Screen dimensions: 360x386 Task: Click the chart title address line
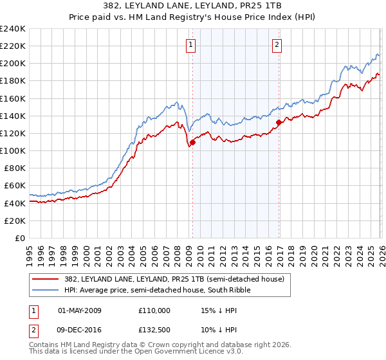[x=193, y=6]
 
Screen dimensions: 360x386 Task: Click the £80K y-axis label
[x=15, y=168]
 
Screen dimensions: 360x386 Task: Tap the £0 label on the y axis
[x=20, y=238]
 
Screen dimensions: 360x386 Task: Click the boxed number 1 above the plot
[x=192, y=45]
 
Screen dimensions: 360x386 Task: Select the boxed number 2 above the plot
[x=277, y=45]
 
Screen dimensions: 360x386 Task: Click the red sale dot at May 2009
[x=192, y=142]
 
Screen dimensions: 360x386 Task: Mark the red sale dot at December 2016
[x=279, y=122]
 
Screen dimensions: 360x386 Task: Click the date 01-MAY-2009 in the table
[x=80, y=310]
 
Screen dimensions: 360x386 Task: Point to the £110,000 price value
[x=154, y=310]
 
